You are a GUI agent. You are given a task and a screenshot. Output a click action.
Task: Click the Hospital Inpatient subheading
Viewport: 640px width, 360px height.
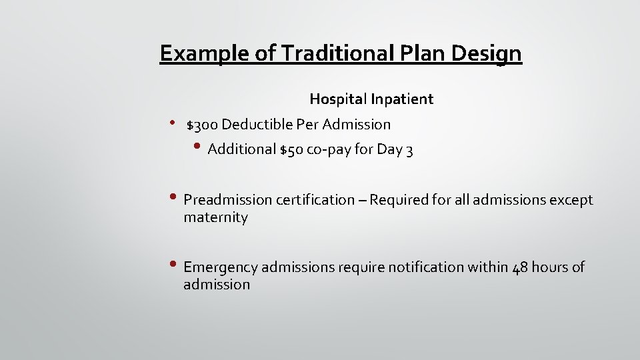tap(371, 99)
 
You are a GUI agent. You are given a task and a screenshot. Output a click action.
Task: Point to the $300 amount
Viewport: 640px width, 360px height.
tap(203, 125)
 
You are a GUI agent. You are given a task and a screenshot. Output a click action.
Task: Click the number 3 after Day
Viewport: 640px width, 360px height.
tap(409, 150)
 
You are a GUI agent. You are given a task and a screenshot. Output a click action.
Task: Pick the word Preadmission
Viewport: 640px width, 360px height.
tap(227, 200)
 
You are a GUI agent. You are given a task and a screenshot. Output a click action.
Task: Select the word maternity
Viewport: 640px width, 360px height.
tap(215, 217)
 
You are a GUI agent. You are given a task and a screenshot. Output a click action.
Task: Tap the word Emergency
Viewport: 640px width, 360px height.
tap(221, 267)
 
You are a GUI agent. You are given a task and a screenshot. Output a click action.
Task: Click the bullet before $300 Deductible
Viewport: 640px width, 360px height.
tap(171, 123)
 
